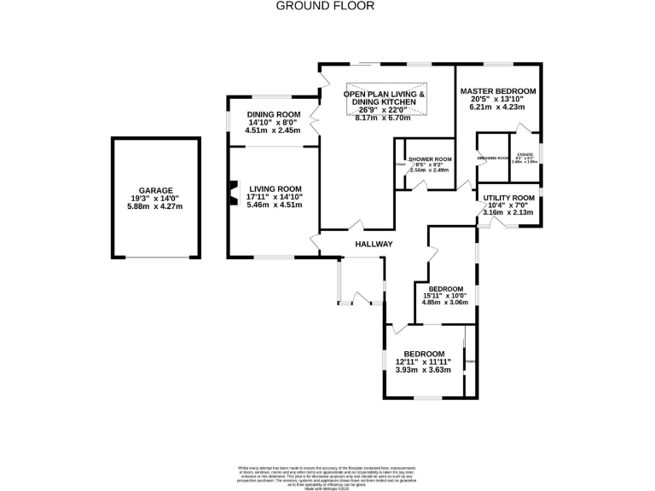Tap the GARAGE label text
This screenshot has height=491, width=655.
click(156, 191)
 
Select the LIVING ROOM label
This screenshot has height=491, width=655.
click(275, 188)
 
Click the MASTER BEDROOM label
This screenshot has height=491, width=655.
click(498, 91)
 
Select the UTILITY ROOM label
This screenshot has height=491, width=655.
click(509, 197)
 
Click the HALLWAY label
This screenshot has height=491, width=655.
click(374, 245)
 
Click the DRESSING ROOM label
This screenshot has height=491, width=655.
click(492, 159)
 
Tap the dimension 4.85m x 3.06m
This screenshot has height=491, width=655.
click(445, 302)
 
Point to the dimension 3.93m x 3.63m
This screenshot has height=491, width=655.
click(422, 370)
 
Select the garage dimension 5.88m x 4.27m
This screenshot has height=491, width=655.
click(156, 205)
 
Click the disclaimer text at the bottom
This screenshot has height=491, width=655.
click(327, 473)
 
